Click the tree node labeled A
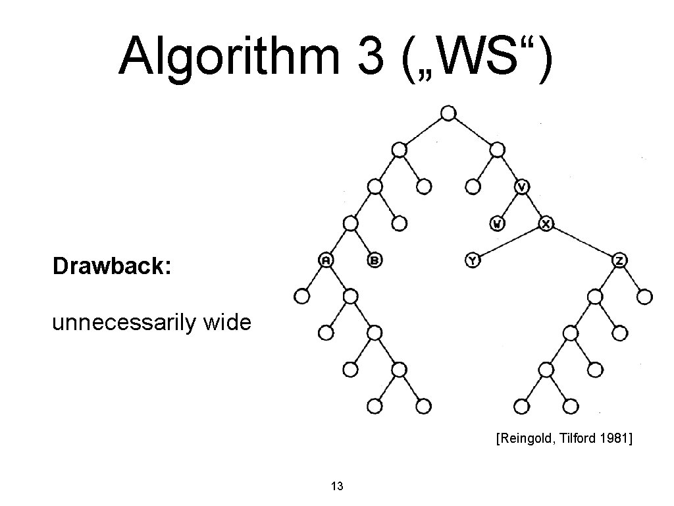(326, 260)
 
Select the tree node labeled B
(375, 260)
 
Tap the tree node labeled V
(521, 187)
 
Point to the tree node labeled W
(498, 224)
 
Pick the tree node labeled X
(546, 224)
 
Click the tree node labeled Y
(473, 260)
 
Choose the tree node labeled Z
(619, 260)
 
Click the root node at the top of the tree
(448, 113)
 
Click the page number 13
(337, 487)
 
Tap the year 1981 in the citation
(613, 438)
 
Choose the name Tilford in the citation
(572, 438)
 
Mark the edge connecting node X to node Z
(583, 242)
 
